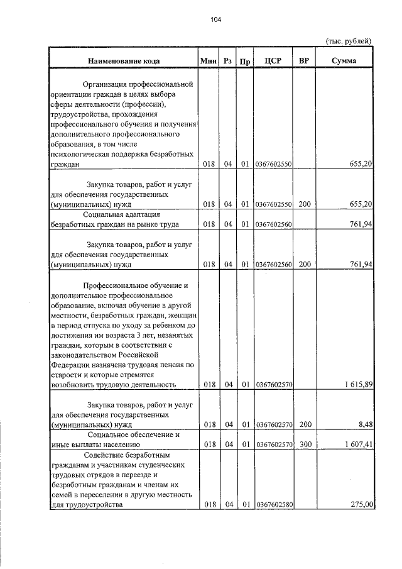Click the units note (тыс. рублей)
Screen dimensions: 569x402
(349, 41)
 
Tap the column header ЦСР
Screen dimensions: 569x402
(273, 61)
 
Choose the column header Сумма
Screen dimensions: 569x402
(345, 61)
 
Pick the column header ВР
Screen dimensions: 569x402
(304, 61)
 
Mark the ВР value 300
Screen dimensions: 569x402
(304, 445)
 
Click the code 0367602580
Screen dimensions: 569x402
(274, 504)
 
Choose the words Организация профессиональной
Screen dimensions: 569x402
(138, 84)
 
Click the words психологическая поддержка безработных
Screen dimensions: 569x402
(122, 154)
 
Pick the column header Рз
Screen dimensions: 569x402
(227, 61)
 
